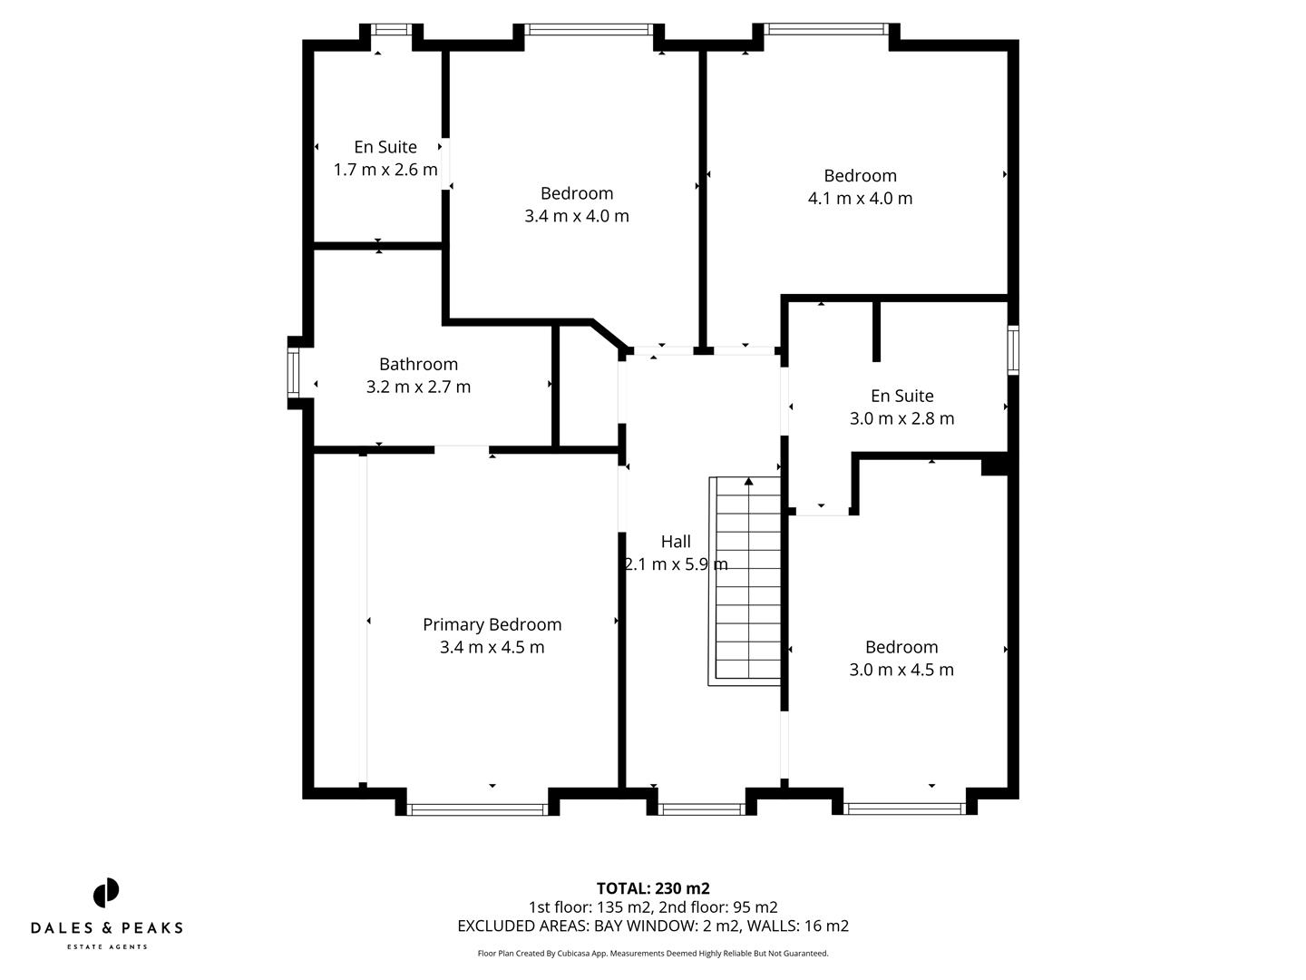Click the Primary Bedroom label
(x=492, y=624)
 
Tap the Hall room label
(x=676, y=542)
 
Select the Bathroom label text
(x=418, y=364)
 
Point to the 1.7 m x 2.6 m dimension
(x=385, y=170)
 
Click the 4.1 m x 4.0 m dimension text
(x=860, y=199)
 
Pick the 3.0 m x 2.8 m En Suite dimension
(x=902, y=418)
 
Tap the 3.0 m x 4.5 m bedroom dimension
(x=901, y=670)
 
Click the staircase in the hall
(x=748, y=581)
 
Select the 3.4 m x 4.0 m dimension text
(x=577, y=216)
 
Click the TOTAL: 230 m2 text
(x=653, y=888)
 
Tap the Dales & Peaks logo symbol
(x=106, y=893)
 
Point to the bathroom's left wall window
(x=293, y=373)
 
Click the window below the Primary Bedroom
(x=477, y=808)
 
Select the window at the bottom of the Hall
(x=701, y=808)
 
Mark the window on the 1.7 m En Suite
(x=392, y=30)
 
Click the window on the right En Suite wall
(x=1013, y=349)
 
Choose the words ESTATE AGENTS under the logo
(x=106, y=947)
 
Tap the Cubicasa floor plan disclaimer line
(x=653, y=954)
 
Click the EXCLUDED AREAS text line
(x=653, y=926)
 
